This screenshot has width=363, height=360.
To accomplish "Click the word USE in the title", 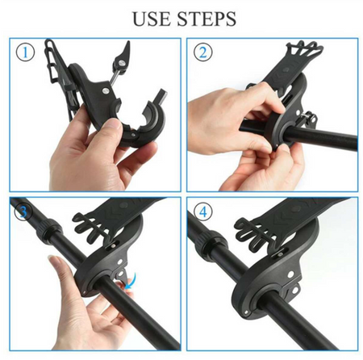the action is click(152, 19).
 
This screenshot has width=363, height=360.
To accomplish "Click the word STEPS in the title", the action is click(207, 19).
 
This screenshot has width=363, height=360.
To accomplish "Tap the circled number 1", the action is click(26, 52).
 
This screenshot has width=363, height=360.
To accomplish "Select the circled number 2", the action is click(202, 52).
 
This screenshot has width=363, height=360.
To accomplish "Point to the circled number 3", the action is click(23, 211).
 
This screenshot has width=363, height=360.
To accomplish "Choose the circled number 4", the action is click(203, 211).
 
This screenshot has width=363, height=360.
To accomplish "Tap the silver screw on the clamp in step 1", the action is click(105, 91).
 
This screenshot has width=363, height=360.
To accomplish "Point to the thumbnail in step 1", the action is click(115, 124).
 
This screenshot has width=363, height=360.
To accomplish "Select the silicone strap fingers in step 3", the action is click(90, 226).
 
